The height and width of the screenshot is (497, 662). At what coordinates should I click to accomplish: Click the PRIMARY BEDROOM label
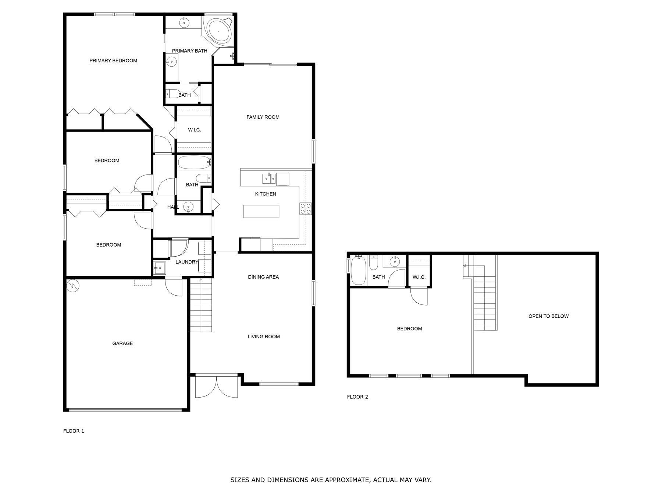(x=113, y=61)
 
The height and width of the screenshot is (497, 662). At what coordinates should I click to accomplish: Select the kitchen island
(x=261, y=211)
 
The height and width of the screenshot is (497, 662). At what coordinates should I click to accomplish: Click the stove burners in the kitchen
(x=306, y=209)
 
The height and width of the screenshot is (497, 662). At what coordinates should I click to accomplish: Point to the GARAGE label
(x=122, y=343)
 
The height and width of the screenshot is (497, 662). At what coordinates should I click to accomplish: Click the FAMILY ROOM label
(x=263, y=117)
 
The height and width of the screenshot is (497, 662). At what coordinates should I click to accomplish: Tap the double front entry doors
(x=216, y=386)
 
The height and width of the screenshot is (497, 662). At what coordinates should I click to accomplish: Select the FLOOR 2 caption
(x=357, y=397)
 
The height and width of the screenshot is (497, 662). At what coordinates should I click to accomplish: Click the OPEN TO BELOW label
(x=548, y=316)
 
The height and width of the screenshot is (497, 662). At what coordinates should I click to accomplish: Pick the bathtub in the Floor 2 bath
(x=358, y=271)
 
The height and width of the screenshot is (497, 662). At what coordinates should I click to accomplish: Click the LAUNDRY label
(x=187, y=262)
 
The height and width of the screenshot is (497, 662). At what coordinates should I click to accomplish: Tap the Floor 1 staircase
(x=202, y=305)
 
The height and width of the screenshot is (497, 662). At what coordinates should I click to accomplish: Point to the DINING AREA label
(x=263, y=277)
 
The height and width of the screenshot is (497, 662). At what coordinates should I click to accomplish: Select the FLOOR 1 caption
(x=74, y=431)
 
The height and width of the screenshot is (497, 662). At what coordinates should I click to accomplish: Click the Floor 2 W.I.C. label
(x=419, y=277)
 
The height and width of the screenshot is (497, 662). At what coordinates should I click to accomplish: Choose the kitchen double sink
(x=269, y=179)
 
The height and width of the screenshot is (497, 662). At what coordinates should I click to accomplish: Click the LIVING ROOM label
(x=264, y=336)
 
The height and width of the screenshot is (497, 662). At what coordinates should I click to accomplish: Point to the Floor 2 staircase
(x=485, y=298)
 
